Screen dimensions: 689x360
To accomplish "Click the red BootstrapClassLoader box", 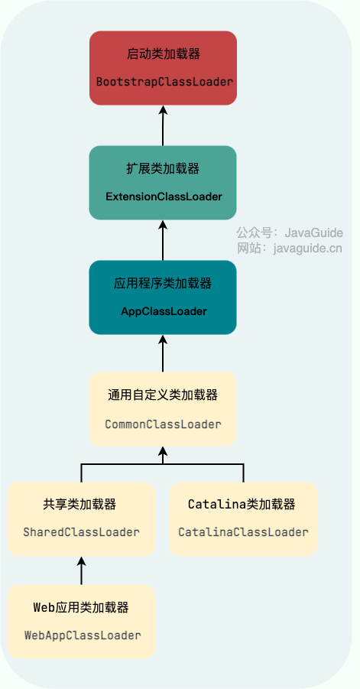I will [x=163, y=67].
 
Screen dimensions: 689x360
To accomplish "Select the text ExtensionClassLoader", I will [x=164, y=197].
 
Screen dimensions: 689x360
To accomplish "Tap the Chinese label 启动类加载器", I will [x=164, y=54].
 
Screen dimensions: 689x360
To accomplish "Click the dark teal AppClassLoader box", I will [x=163, y=297].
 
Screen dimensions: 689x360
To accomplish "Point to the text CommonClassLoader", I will [x=163, y=424].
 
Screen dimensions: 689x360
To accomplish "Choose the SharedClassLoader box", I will [x=81, y=518].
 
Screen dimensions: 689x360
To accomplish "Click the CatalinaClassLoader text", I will [x=243, y=531].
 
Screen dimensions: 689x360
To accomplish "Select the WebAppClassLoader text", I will [x=83, y=635].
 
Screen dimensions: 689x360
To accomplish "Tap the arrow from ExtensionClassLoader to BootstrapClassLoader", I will [x=163, y=125].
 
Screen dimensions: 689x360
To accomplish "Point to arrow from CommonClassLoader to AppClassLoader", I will [x=163, y=353].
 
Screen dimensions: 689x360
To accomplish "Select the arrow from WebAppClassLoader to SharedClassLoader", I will [x=81, y=570].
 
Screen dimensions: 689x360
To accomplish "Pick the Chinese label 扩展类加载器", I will [x=163, y=169].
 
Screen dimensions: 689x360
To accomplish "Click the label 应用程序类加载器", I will [x=163, y=283].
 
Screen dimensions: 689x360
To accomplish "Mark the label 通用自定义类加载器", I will [x=163, y=395].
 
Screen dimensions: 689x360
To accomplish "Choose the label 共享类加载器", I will [x=80, y=505].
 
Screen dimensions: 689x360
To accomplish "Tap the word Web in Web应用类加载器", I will [x=43, y=608].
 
